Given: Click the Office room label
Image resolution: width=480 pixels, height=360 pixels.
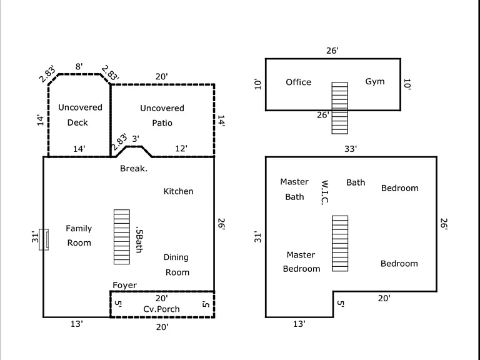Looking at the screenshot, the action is tap(299, 82).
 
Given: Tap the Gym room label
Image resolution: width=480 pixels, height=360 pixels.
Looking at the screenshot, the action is tap(375, 82).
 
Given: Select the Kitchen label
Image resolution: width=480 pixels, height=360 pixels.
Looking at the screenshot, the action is tap(178, 191).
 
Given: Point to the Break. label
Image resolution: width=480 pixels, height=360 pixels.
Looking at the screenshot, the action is tap(134, 168).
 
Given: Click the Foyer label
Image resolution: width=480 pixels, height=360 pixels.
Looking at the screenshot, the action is tap(124, 285).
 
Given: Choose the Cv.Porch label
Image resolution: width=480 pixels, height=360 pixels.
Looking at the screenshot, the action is tap(161, 309).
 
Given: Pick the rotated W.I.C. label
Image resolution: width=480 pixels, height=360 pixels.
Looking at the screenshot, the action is tap(325, 192).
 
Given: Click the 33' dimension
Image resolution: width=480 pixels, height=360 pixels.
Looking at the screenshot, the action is tap(351, 149).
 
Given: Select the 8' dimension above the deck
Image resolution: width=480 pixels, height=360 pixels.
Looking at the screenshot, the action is tap(79, 66).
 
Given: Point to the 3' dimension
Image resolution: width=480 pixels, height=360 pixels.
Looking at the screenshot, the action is tap(136, 139).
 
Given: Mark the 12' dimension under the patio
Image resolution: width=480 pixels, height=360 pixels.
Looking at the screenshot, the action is tap(181, 149).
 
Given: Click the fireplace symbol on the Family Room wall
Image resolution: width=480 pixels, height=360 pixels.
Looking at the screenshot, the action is tap(44, 239).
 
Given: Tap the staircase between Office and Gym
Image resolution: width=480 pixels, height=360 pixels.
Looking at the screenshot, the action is tap(340, 107).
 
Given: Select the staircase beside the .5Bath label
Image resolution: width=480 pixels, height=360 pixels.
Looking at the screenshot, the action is tap(122, 237).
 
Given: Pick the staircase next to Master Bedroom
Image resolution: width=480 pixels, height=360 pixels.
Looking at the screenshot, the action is tap(340, 243).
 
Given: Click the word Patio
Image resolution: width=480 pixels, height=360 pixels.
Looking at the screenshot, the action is tap(162, 123).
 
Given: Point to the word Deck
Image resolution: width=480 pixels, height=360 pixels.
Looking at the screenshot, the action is tap(77, 122).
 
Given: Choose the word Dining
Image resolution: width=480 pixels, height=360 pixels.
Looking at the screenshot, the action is tap(176, 257).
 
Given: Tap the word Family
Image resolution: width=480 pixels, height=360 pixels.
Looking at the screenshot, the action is tap(79, 229).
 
